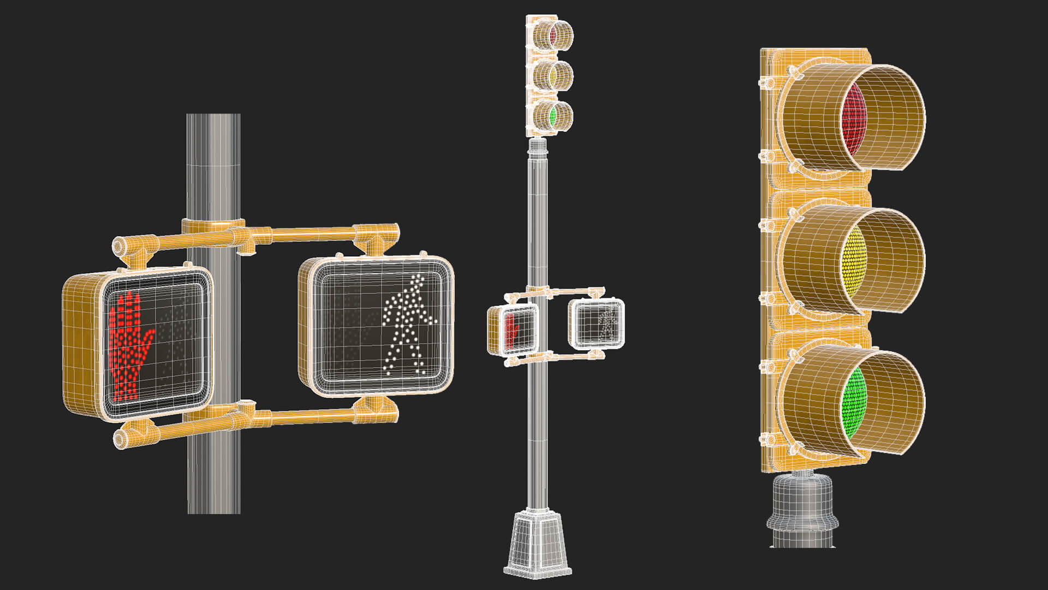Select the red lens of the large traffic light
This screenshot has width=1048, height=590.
[854, 119]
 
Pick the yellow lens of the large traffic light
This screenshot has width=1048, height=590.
[853, 261]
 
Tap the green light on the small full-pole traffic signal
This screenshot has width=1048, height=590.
[552, 116]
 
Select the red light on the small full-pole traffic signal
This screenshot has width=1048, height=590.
[552, 35]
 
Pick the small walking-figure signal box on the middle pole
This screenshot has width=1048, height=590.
[596, 323]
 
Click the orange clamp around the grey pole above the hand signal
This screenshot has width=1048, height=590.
[213, 226]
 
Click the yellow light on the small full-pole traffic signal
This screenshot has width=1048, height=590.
[552, 75]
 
